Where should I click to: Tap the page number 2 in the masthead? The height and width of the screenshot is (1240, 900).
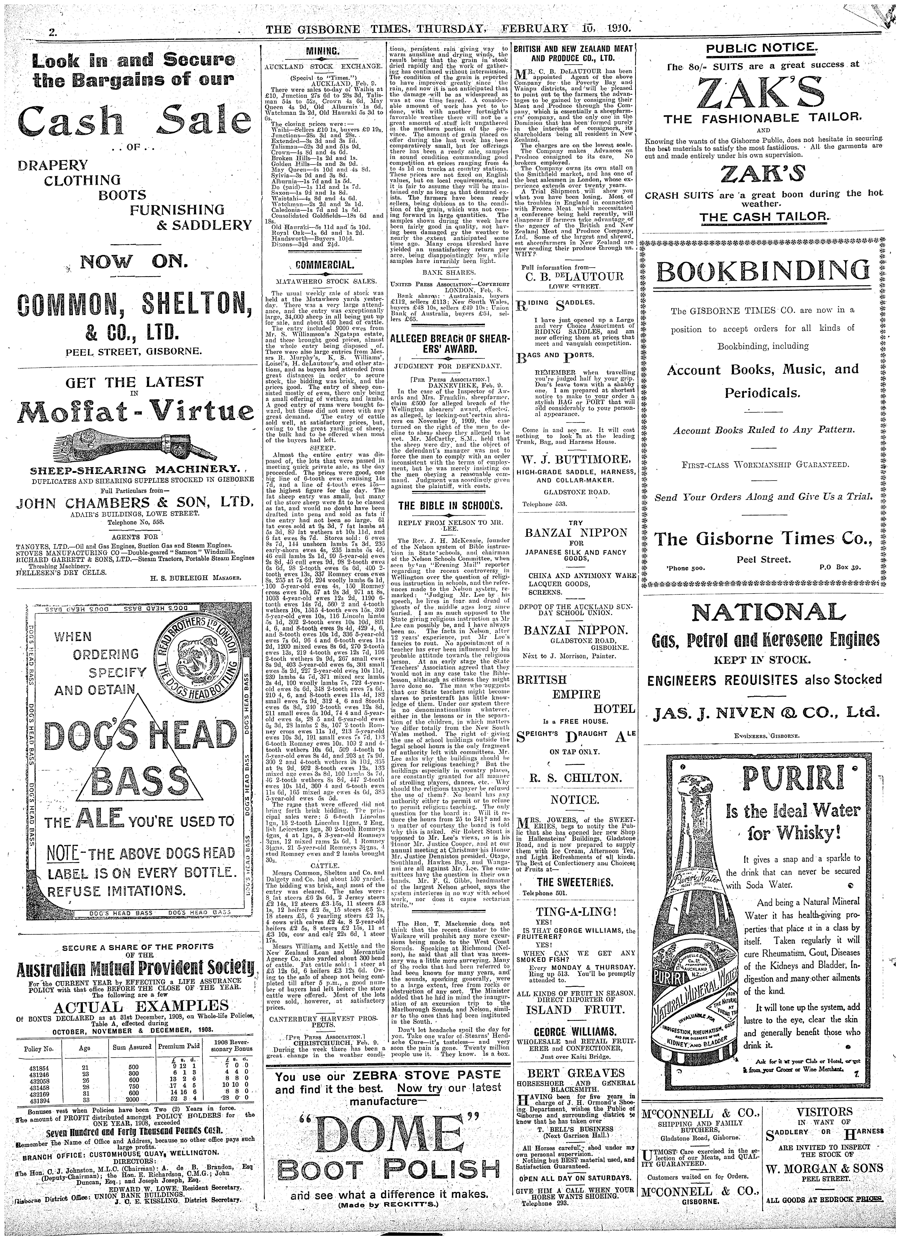(53, 32)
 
